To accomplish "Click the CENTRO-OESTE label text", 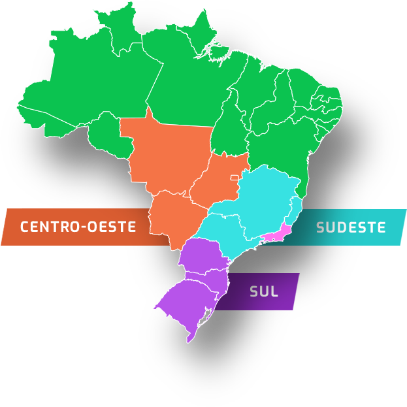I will [78, 227].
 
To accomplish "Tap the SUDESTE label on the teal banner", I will [351, 227].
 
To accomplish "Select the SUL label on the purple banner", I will [264, 291].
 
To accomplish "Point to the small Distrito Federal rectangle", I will [234, 177].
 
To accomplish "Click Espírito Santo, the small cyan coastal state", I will [295, 209].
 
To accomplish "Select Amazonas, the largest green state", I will [91, 85].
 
